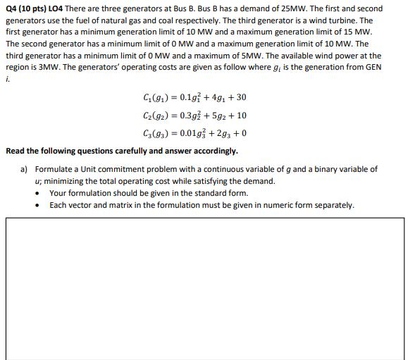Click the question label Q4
point(12,8)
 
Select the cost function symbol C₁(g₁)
point(154,97)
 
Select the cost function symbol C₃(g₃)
point(154,133)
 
